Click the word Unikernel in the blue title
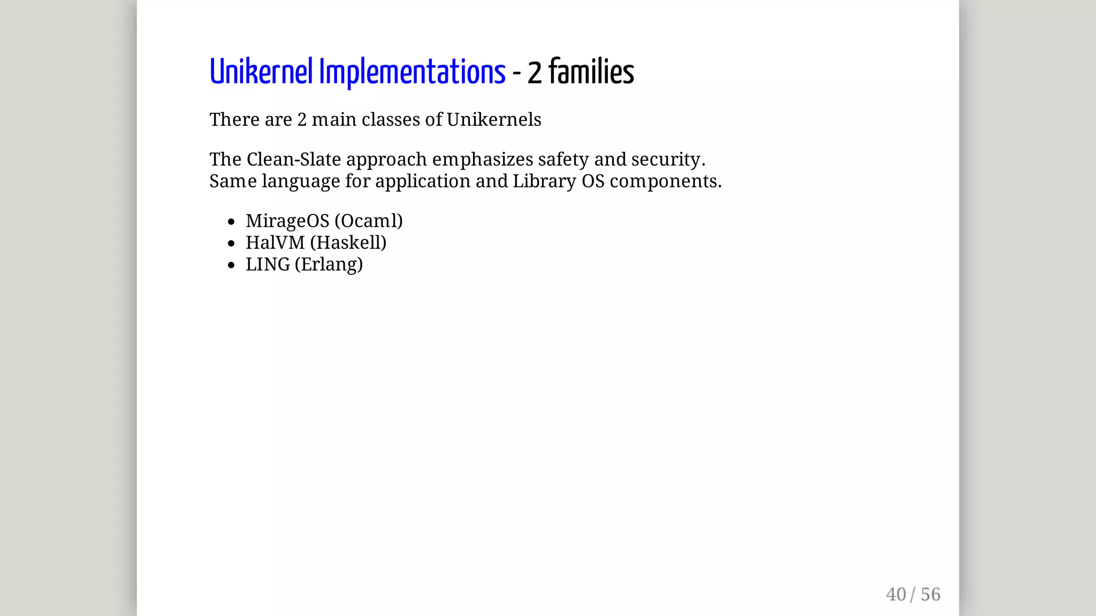coord(261,72)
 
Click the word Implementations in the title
coord(412,72)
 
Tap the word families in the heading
coord(591,72)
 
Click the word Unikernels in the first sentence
coord(493,120)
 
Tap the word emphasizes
coord(482,159)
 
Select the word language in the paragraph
coord(300,182)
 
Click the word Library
coord(544,181)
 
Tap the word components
coord(665,182)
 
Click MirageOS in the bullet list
coord(287,221)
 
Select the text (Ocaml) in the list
coord(368,221)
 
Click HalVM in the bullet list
coord(275,243)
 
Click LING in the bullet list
coord(268,264)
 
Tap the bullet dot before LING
coord(231,265)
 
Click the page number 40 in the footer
coord(896,595)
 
